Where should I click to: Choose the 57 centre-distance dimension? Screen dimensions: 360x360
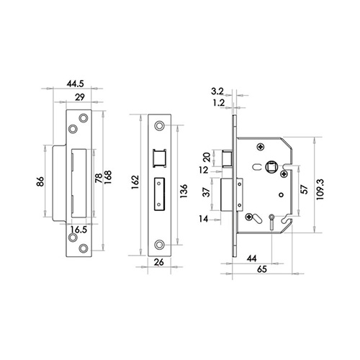(x=303, y=190)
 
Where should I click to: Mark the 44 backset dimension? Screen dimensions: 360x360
(x=253, y=258)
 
